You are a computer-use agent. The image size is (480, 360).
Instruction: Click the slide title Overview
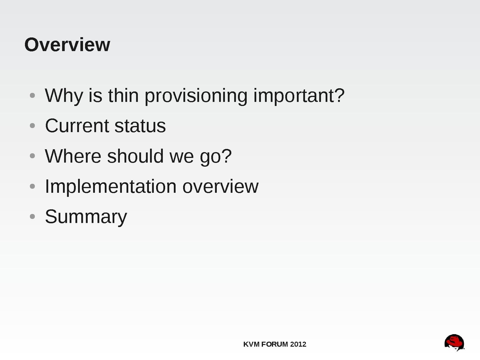pyautogui.click(x=67, y=45)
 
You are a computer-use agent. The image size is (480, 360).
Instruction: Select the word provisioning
pyautogui.click(x=196, y=96)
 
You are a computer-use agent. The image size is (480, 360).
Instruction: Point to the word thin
pyautogui.click(x=123, y=95)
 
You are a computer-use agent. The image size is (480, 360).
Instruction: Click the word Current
pyautogui.click(x=77, y=126)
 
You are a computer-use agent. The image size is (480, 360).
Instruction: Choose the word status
pyautogui.click(x=140, y=126)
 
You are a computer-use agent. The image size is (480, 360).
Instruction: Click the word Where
pyautogui.click(x=73, y=156)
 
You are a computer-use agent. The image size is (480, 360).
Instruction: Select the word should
pyautogui.click(x=135, y=156)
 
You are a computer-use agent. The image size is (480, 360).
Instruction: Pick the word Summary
pyautogui.click(x=86, y=217)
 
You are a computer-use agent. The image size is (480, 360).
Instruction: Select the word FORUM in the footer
pyautogui.click(x=275, y=344)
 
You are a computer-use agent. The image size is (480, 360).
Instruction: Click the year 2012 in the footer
pyautogui.click(x=298, y=344)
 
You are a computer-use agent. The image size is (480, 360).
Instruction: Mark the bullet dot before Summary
pyautogui.click(x=32, y=216)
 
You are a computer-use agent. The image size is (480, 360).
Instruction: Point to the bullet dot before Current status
pyautogui.click(x=32, y=126)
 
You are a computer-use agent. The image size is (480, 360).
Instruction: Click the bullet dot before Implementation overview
pyautogui.click(x=32, y=186)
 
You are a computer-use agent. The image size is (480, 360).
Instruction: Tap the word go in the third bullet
pyautogui.click(x=210, y=157)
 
